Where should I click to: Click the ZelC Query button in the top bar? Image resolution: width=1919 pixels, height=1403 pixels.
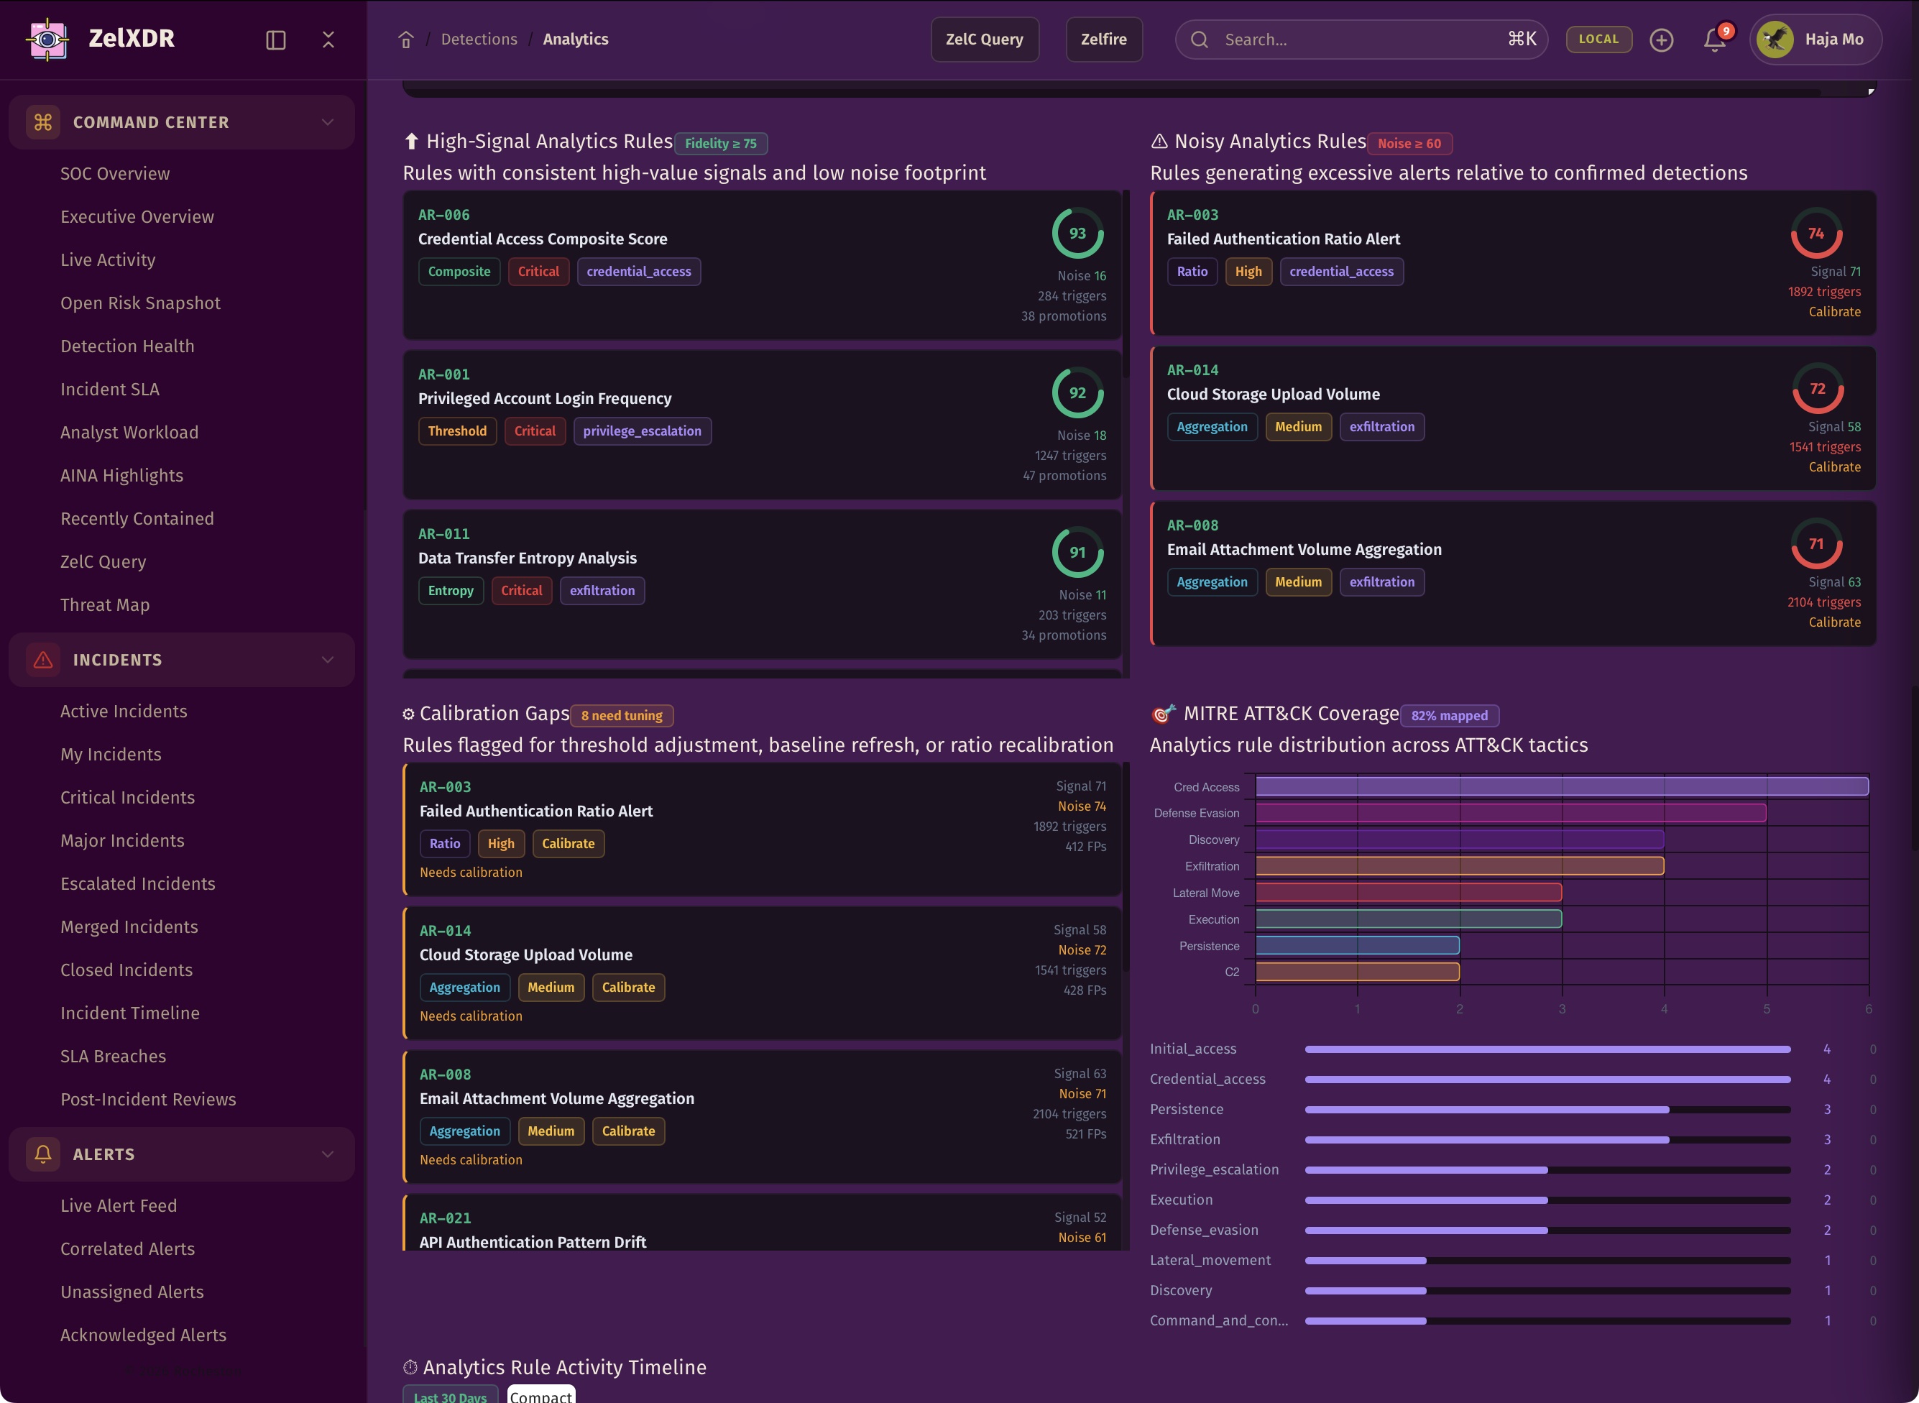click(x=984, y=39)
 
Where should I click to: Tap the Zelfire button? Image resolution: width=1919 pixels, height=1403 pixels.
click(x=1103, y=39)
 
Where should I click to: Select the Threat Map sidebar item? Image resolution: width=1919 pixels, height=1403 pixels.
click(x=104, y=604)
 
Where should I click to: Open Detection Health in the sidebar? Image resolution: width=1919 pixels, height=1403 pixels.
click(x=127, y=346)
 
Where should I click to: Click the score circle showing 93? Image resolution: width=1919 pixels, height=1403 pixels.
click(x=1077, y=234)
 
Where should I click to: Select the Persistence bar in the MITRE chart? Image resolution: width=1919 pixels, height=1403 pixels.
click(x=1357, y=945)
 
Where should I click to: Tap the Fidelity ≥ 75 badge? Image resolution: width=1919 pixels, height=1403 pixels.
click(x=720, y=144)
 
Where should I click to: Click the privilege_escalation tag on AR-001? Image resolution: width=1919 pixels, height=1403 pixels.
click(x=642, y=431)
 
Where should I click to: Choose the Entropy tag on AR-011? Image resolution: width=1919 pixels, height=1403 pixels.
click(x=450, y=591)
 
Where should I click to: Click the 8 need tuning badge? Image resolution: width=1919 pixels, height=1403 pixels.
click(x=622, y=716)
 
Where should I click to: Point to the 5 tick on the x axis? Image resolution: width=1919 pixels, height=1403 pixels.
click(x=1766, y=1009)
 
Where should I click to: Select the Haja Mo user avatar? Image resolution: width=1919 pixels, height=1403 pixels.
click(x=1775, y=39)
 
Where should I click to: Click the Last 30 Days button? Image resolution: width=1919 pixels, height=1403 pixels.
click(x=450, y=1395)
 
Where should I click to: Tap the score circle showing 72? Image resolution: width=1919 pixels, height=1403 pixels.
click(x=1817, y=389)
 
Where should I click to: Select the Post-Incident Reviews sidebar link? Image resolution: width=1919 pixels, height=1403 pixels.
click(x=148, y=1099)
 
